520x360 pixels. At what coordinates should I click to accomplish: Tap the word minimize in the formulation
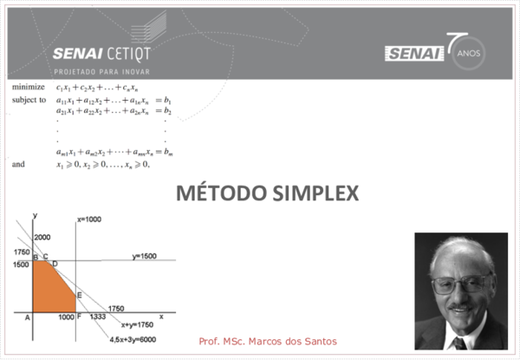pyautogui.click(x=29, y=88)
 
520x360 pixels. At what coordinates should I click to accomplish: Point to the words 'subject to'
pyautogui.click(x=29, y=100)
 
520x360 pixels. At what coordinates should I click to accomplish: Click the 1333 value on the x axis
pyautogui.click(x=97, y=317)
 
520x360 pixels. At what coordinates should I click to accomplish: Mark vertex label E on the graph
pyautogui.click(x=79, y=296)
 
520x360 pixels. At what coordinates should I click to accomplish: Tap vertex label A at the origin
pyautogui.click(x=28, y=317)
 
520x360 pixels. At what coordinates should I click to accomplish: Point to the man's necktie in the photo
pyautogui.click(x=458, y=343)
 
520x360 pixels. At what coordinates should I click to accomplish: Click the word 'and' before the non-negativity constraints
pyautogui.click(x=18, y=162)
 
